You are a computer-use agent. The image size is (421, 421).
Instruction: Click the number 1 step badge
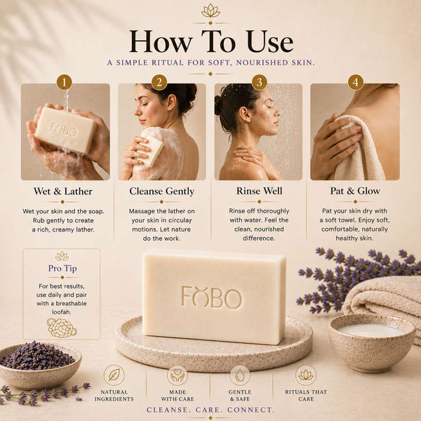(x=64, y=82)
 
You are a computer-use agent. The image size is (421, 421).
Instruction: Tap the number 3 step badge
(x=260, y=82)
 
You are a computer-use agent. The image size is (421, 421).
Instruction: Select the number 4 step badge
(x=356, y=82)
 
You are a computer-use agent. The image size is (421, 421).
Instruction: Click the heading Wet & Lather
(x=63, y=192)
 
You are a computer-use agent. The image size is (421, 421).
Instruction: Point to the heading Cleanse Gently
(x=161, y=192)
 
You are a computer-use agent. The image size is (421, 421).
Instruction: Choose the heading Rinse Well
(x=260, y=191)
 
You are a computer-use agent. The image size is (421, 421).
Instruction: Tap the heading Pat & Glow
(x=355, y=191)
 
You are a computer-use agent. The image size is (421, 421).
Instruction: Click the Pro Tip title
(x=62, y=268)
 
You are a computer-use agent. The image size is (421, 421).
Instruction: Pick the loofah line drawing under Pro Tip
(x=62, y=328)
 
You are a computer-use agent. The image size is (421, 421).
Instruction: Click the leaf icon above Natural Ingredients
(x=114, y=375)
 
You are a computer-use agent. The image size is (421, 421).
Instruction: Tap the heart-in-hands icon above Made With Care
(x=178, y=375)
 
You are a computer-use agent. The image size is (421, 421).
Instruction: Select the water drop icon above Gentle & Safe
(x=240, y=375)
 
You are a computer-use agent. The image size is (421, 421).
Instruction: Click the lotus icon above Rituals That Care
(x=306, y=375)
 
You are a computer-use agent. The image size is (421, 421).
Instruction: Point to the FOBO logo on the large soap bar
(x=212, y=297)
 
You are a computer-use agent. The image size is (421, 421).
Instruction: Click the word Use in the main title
(x=270, y=42)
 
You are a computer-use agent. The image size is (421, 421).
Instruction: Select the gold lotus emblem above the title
(x=210, y=11)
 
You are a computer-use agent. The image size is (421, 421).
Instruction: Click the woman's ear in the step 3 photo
(x=245, y=114)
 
